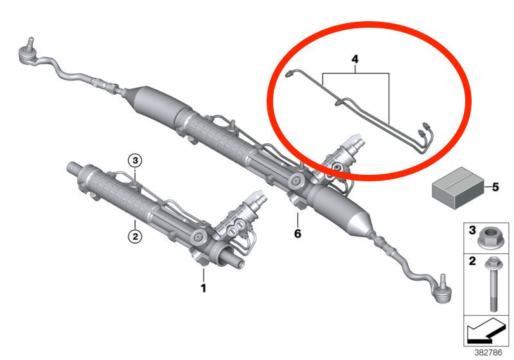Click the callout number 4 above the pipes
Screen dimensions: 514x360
(x=355, y=59)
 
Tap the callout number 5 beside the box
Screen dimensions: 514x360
(x=495, y=187)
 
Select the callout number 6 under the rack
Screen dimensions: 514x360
(x=297, y=233)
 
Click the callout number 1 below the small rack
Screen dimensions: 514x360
(x=204, y=288)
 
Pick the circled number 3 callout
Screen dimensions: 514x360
(x=135, y=161)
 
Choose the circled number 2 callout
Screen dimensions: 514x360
(x=135, y=236)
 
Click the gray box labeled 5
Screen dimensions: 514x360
(x=458, y=188)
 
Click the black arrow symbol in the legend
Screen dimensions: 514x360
(x=486, y=330)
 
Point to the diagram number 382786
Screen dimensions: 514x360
(x=488, y=353)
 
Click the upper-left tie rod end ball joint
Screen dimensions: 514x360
(x=28, y=53)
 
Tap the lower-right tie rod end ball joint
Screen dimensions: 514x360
(x=442, y=289)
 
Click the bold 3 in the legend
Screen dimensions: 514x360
(x=472, y=230)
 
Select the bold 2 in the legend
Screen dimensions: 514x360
(x=472, y=261)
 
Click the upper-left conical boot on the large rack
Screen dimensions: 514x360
(x=154, y=104)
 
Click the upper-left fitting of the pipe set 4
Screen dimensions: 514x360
(x=289, y=74)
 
